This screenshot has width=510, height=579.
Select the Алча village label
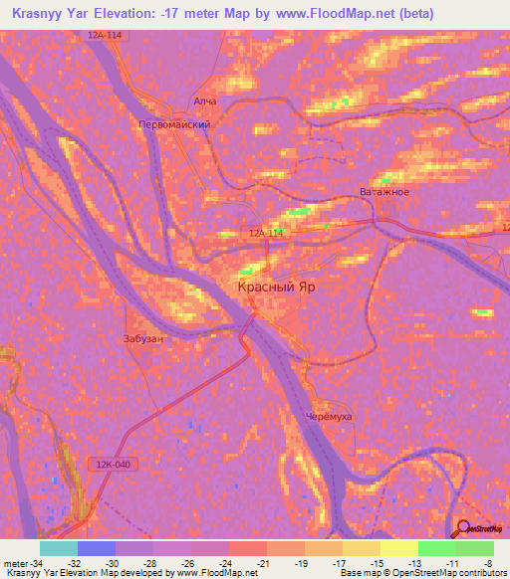[x=205, y=100]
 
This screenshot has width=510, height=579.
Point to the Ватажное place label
[x=383, y=192]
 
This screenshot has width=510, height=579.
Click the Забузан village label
[x=143, y=338]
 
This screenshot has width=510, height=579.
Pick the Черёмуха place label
[x=329, y=418]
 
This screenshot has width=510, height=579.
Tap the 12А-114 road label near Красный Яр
[x=267, y=233]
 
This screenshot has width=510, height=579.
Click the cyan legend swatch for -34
[x=58, y=548]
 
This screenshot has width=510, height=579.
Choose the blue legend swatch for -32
[x=96, y=548]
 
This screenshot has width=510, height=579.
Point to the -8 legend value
[x=487, y=562]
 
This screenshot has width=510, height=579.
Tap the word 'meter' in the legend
[x=16, y=562]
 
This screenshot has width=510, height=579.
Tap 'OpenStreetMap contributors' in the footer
[x=458, y=574]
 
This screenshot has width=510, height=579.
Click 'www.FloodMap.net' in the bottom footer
[x=208, y=574]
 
